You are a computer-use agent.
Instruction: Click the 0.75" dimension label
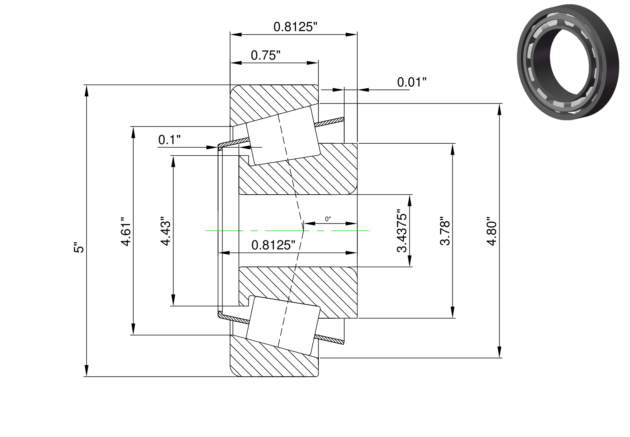[265, 55]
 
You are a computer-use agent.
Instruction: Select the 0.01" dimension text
[412, 82]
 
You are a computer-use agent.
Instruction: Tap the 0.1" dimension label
[169, 140]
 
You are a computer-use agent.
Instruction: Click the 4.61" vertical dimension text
[126, 231]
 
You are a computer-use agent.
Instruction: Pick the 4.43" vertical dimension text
[165, 231]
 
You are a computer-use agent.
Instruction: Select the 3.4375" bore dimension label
[402, 231]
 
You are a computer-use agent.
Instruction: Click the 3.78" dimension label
[445, 231]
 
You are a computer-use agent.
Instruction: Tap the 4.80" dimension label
[492, 231]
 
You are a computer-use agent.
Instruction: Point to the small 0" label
[328, 219]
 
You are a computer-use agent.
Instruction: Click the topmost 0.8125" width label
[295, 27]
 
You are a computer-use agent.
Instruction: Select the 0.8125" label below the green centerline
[273, 245]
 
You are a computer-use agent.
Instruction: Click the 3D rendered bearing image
[568, 62]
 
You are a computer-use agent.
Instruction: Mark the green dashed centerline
[287, 231]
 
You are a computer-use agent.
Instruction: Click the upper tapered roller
[283, 136]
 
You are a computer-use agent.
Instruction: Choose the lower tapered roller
[283, 325]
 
